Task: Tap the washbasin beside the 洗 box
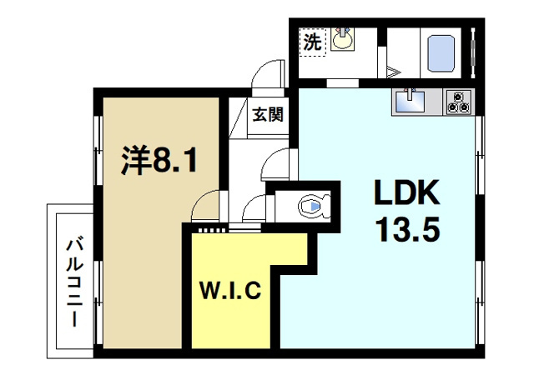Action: pyautogui.click(x=341, y=39)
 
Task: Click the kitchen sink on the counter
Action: pyautogui.click(x=409, y=102)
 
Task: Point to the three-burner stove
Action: pyautogui.click(x=458, y=102)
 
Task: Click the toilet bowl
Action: pyautogui.click(x=310, y=206)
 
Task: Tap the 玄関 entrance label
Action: pyautogui.click(x=268, y=113)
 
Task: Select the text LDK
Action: pyautogui.click(x=406, y=194)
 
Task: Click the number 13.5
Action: pyautogui.click(x=406, y=229)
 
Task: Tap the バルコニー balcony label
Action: pyautogui.click(x=73, y=281)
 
